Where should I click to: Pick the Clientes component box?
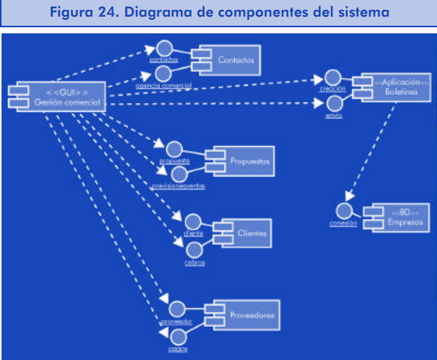coord(244,235)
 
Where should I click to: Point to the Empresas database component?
coord(391,217)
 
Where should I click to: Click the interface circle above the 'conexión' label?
coord(345,211)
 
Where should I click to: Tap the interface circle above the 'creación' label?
coord(332,78)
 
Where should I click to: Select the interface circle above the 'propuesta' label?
coord(175,149)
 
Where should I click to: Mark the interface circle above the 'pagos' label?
coord(179,336)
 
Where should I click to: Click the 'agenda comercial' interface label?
coord(163,85)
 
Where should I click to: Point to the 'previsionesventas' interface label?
coord(177,186)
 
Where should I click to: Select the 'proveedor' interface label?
coord(176,321)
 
